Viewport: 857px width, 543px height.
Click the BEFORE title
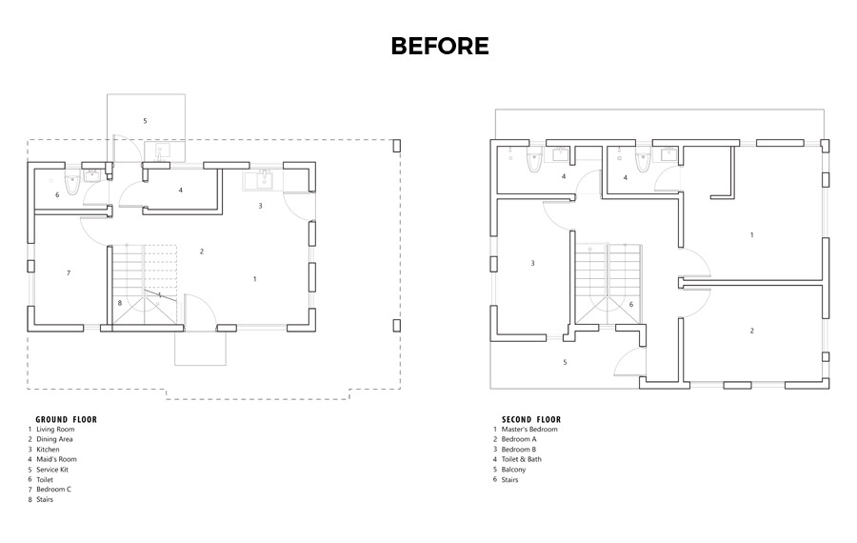tap(439, 46)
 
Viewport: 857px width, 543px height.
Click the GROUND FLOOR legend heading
tap(66, 419)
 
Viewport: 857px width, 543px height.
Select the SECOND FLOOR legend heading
tap(531, 419)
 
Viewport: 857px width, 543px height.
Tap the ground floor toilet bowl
tap(71, 184)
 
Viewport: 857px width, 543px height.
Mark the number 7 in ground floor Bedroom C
tap(69, 272)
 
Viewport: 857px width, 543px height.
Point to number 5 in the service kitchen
tap(145, 121)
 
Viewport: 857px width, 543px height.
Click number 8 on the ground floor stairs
tap(120, 302)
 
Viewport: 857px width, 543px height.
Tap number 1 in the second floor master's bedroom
tap(751, 235)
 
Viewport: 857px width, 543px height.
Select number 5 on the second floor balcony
tap(565, 362)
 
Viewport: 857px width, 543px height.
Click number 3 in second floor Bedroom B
tap(533, 263)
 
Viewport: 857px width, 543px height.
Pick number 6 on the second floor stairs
tap(631, 305)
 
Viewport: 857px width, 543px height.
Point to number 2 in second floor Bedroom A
tap(751, 331)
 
